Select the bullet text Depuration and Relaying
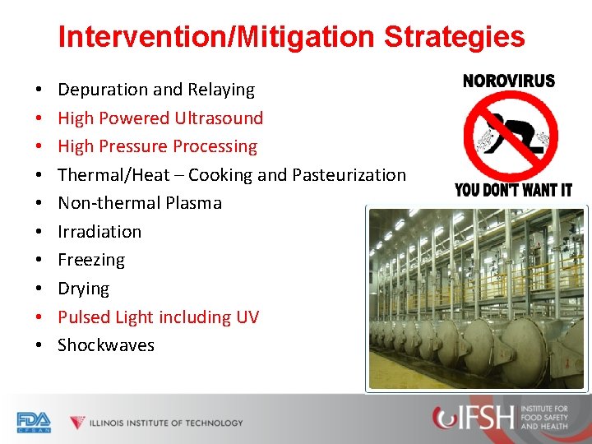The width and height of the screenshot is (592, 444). point(156,90)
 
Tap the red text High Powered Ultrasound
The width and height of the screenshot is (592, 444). point(160,118)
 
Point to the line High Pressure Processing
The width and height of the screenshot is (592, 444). point(157,146)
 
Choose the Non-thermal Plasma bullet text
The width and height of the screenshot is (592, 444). point(140,203)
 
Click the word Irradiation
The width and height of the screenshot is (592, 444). point(99,232)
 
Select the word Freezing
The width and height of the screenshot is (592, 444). point(91,260)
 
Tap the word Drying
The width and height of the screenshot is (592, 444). point(83,289)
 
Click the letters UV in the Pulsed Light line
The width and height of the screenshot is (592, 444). point(247,317)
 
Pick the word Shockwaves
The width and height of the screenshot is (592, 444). point(106,345)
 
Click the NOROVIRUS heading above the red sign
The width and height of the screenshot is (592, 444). point(509,81)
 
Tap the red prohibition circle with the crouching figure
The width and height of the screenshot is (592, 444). point(510,136)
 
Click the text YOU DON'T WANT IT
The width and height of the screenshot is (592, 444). point(513,191)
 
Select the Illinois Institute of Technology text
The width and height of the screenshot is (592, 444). point(167,423)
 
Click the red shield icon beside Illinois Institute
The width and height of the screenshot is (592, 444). point(77,423)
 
